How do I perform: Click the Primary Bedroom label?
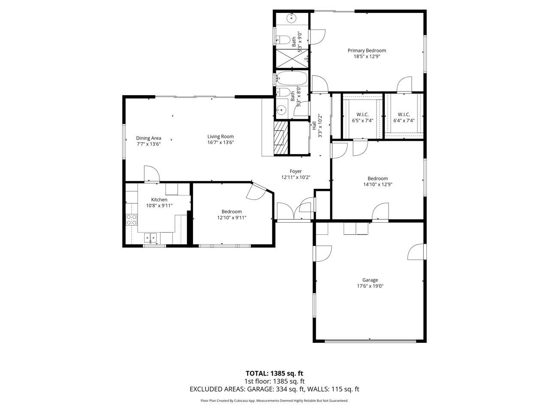click(367, 51)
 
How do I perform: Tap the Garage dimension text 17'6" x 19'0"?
click(370, 286)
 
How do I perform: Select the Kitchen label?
click(159, 200)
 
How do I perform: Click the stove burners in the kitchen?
click(132, 219)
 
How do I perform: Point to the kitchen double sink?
click(150, 238)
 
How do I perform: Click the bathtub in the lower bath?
click(292, 78)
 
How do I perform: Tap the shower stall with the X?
click(292, 58)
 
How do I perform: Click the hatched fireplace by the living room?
click(281, 138)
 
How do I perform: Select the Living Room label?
click(220, 136)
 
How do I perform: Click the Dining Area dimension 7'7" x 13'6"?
click(148, 144)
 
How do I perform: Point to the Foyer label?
click(296, 171)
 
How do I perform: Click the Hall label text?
click(314, 126)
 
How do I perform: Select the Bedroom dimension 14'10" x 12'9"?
click(378, 185)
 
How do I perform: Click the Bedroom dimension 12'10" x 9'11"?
click(232, 218)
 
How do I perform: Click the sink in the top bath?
click(292, 18)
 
